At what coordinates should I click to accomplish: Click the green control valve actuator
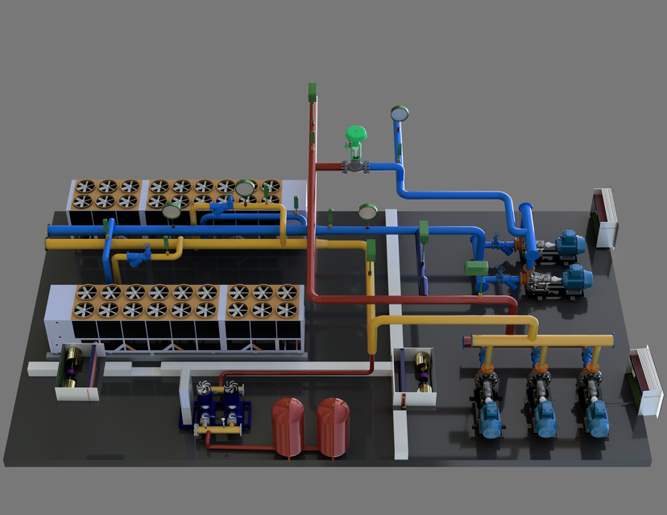tap(355, 134)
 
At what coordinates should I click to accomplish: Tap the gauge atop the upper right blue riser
tap(398, 113)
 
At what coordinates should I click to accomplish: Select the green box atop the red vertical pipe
tap(313, 91)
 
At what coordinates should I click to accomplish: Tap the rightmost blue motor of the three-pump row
tap(598, 416)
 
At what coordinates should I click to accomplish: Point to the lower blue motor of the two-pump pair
tap(575, 278)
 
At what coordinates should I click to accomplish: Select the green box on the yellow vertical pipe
tap(371, 249)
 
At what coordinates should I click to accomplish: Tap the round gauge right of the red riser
tap(368, 212)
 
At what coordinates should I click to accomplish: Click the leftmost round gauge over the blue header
tap(172, 211)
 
